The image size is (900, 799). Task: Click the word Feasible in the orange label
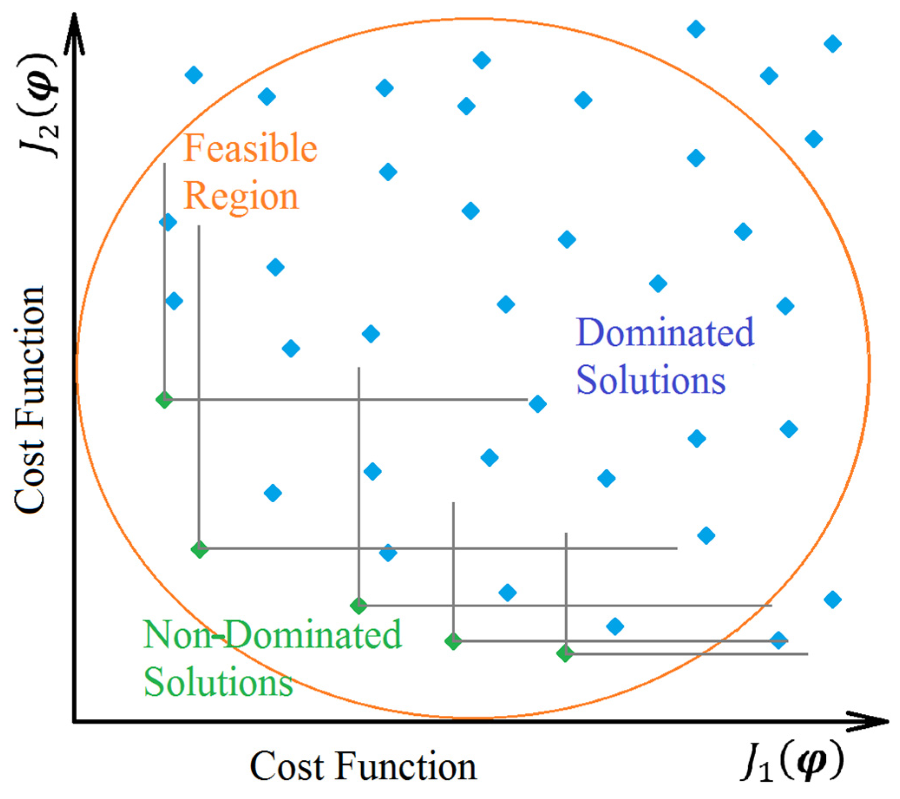click(x=250, y=148)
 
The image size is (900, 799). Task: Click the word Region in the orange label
click(x=241, y=196)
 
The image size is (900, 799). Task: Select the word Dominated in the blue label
click(x=665, y=332)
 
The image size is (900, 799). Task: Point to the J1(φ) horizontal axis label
click(x=792, y=766)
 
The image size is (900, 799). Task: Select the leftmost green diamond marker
click(x=164, y=400)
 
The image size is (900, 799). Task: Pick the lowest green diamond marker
click(x=565, y=653)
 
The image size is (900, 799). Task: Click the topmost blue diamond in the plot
click(x=696, y=29)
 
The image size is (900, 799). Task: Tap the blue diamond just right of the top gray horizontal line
click(x=538, y=403)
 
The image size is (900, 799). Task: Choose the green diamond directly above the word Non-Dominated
click(x=359, y=606)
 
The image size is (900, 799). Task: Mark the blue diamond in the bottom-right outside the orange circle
click(x=833, y=599)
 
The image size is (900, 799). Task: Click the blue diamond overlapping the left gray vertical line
click(x=168, y=222)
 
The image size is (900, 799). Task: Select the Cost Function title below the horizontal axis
click(x=363, y=767)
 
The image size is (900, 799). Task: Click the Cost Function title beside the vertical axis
click(x=30, y=399)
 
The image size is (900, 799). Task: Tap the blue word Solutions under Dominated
click(x=651, y=380)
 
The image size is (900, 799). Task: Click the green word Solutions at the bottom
click(x=219, y=683)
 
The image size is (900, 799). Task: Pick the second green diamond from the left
click(x=200, y=549)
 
